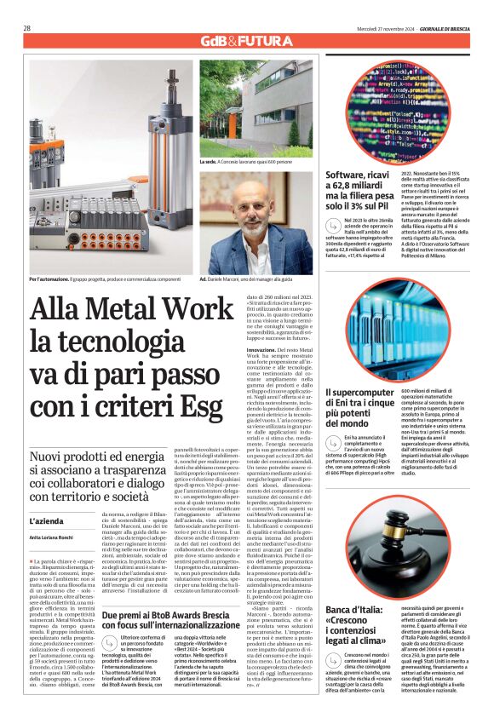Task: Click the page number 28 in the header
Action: tap(27, 27)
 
